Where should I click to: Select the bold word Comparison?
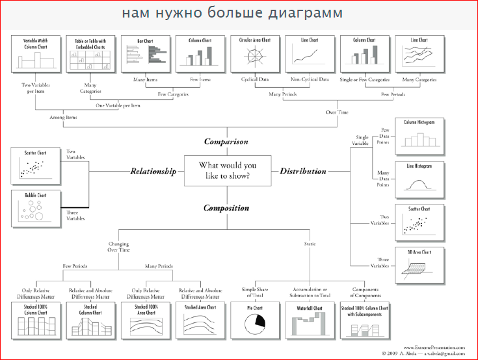(x=226, y=141)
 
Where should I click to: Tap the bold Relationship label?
(x=153, y=172)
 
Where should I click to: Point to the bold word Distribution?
(x=302, y=172)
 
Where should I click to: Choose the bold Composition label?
(x=226, y=209)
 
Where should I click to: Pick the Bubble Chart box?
(x=36, y=208)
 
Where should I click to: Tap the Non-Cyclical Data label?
(x=310, y=79)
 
